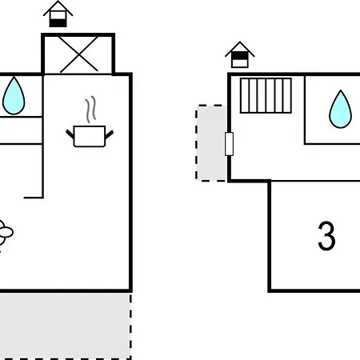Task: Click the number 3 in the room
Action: [326, 236]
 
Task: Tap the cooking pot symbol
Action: [90, 136]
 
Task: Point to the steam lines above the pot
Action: [90, 109]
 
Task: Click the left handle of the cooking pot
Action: [70, 134]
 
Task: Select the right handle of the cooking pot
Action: [110, 134]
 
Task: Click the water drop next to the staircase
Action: [341, 110]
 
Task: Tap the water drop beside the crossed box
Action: [14, 96]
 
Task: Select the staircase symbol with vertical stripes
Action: [266, 95]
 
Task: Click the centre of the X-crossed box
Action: [78, 54]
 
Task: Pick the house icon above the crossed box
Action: [58, 14]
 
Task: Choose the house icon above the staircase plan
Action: [240, 54]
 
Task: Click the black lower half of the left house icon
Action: [58, 23]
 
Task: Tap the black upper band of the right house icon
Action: [240, 56]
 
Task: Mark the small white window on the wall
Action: [230, 144]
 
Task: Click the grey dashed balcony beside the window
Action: [211, 143]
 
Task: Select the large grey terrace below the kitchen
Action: [66, 326]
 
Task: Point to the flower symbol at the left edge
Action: [5, 233]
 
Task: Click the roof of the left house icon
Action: [58, 9]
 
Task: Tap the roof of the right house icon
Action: [240, 49]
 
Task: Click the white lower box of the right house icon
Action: [240, 63]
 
